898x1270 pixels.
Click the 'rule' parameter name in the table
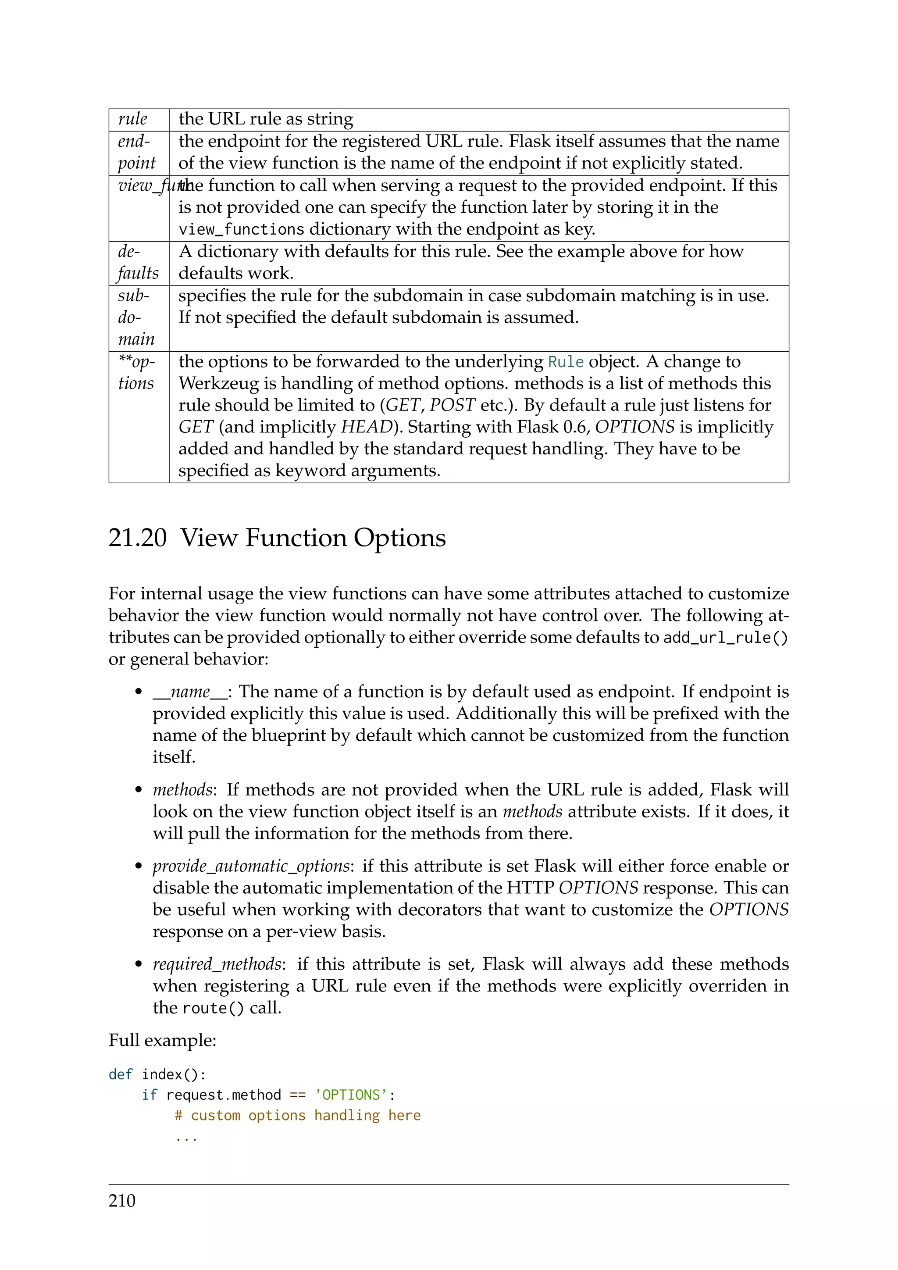[133, 119]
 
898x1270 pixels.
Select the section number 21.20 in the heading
[137, 538]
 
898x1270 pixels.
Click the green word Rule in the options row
[566, 362]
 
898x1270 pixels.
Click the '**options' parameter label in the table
[136, 372]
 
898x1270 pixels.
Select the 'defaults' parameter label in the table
[138, 263]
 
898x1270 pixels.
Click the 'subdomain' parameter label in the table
[135, 317]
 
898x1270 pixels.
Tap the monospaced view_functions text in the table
[242, 229]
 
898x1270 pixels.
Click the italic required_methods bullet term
[217, 964]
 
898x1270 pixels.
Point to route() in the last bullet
[213, 1008]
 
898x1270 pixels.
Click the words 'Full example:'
[162, 1041]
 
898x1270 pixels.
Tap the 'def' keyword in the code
[121, 1075]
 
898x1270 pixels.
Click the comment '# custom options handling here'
[297, 1116]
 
